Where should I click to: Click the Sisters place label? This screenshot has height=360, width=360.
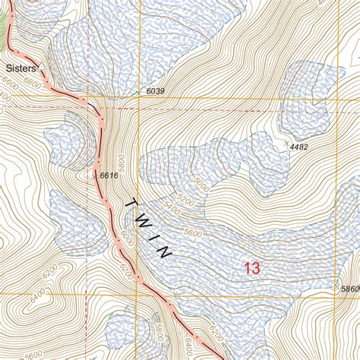pos(21,67)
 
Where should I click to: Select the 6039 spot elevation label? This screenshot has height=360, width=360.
pos(154,91)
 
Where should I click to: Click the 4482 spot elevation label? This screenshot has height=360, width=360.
pos(298,147)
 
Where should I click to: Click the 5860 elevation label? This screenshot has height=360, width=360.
pos(349,289)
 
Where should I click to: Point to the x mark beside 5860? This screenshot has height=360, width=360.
pos(336,286)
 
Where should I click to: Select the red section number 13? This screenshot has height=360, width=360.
pos(252,267)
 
